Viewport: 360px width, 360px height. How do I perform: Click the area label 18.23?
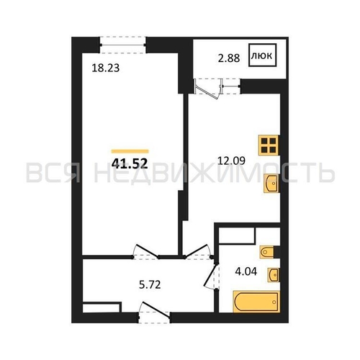tap(106, 68)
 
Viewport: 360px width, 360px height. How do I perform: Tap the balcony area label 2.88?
tap(229, 58)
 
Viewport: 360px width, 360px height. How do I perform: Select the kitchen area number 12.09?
tap(231, 161)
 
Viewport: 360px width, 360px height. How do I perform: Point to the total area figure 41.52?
tap(130, 163)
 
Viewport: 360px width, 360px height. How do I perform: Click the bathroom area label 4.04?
tap(246, 271)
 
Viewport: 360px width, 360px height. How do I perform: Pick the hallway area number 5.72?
tap(150, 284)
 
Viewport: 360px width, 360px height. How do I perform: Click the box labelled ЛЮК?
tap(263, 55)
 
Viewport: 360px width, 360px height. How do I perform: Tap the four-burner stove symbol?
tap(269, 145)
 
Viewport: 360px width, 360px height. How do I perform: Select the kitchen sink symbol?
tap(271, 183)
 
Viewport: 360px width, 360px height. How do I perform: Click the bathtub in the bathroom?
tap(256, 302)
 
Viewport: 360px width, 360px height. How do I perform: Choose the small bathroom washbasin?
tap(274, 274)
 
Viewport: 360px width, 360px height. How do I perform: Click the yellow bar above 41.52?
tap(130, 151)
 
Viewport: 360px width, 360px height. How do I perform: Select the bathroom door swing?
tap(212, 276)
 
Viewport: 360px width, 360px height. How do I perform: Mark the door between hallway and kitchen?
tap(198, 251)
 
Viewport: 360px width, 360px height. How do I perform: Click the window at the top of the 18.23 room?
tap(122, 45)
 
